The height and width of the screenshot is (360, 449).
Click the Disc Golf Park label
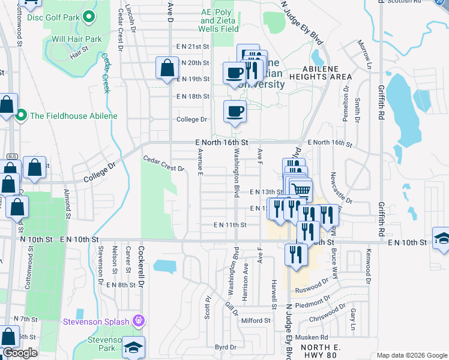click(x=52, y=17)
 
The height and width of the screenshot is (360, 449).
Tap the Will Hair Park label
click(x=77, y=39)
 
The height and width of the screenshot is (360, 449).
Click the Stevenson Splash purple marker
click(x=139, y=321)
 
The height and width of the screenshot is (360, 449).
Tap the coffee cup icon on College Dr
click(x=235, y=111)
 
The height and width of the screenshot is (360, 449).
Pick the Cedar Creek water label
click(x=106, y=73)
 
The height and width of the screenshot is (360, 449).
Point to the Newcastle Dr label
click(x=340, y=188)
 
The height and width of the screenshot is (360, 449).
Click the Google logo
click(x=20, y=352)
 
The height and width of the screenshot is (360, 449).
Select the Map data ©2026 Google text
click(x=411, y=355)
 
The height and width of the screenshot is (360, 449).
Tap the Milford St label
click(x=256, y=321)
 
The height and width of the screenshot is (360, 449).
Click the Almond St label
click(x=67, y=203)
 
